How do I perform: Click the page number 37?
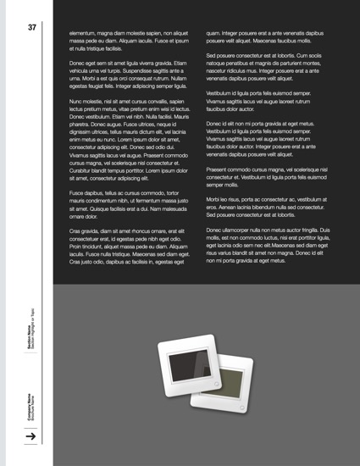click(31, 27)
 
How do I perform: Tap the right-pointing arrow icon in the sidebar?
click(31, 435)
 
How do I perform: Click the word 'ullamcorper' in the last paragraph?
click(241, 230)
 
